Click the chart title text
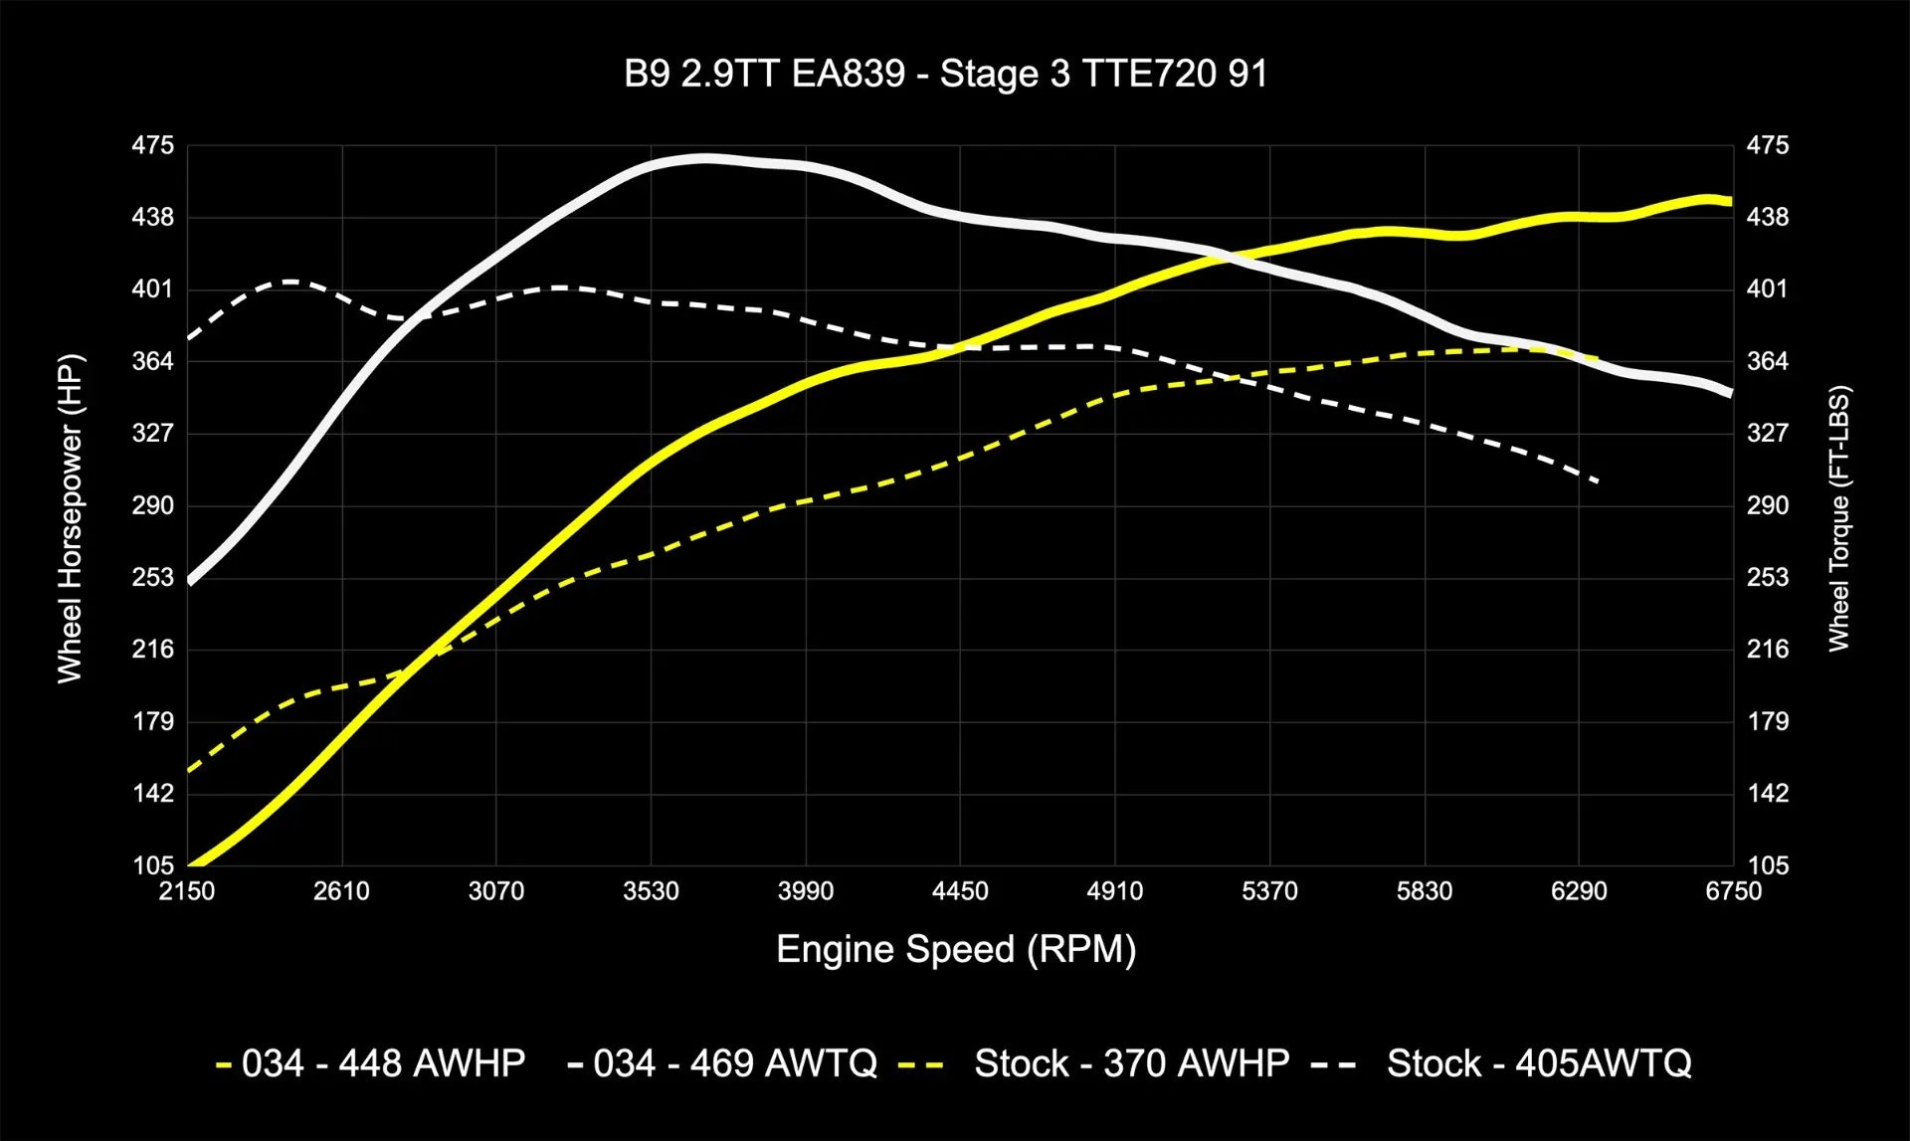tap(945, 75)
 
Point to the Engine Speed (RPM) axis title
tap(955, 949)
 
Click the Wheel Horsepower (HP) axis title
tap(70, 518)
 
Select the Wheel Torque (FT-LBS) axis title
tap(1838, 518)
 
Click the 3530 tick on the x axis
tap(651, 891)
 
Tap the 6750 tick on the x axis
tap(1733, 891)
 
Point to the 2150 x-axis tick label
tap(187, 891)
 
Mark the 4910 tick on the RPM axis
tap(1114, 891)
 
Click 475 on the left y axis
tap(153, 146)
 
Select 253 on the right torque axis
tap(1768, 578)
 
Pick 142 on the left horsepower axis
tap(153, 794)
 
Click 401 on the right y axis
tap(1768, 289)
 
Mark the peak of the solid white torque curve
tap(704, 158)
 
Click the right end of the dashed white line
tap(1598, 481)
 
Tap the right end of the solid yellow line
tap(1731, 201)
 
